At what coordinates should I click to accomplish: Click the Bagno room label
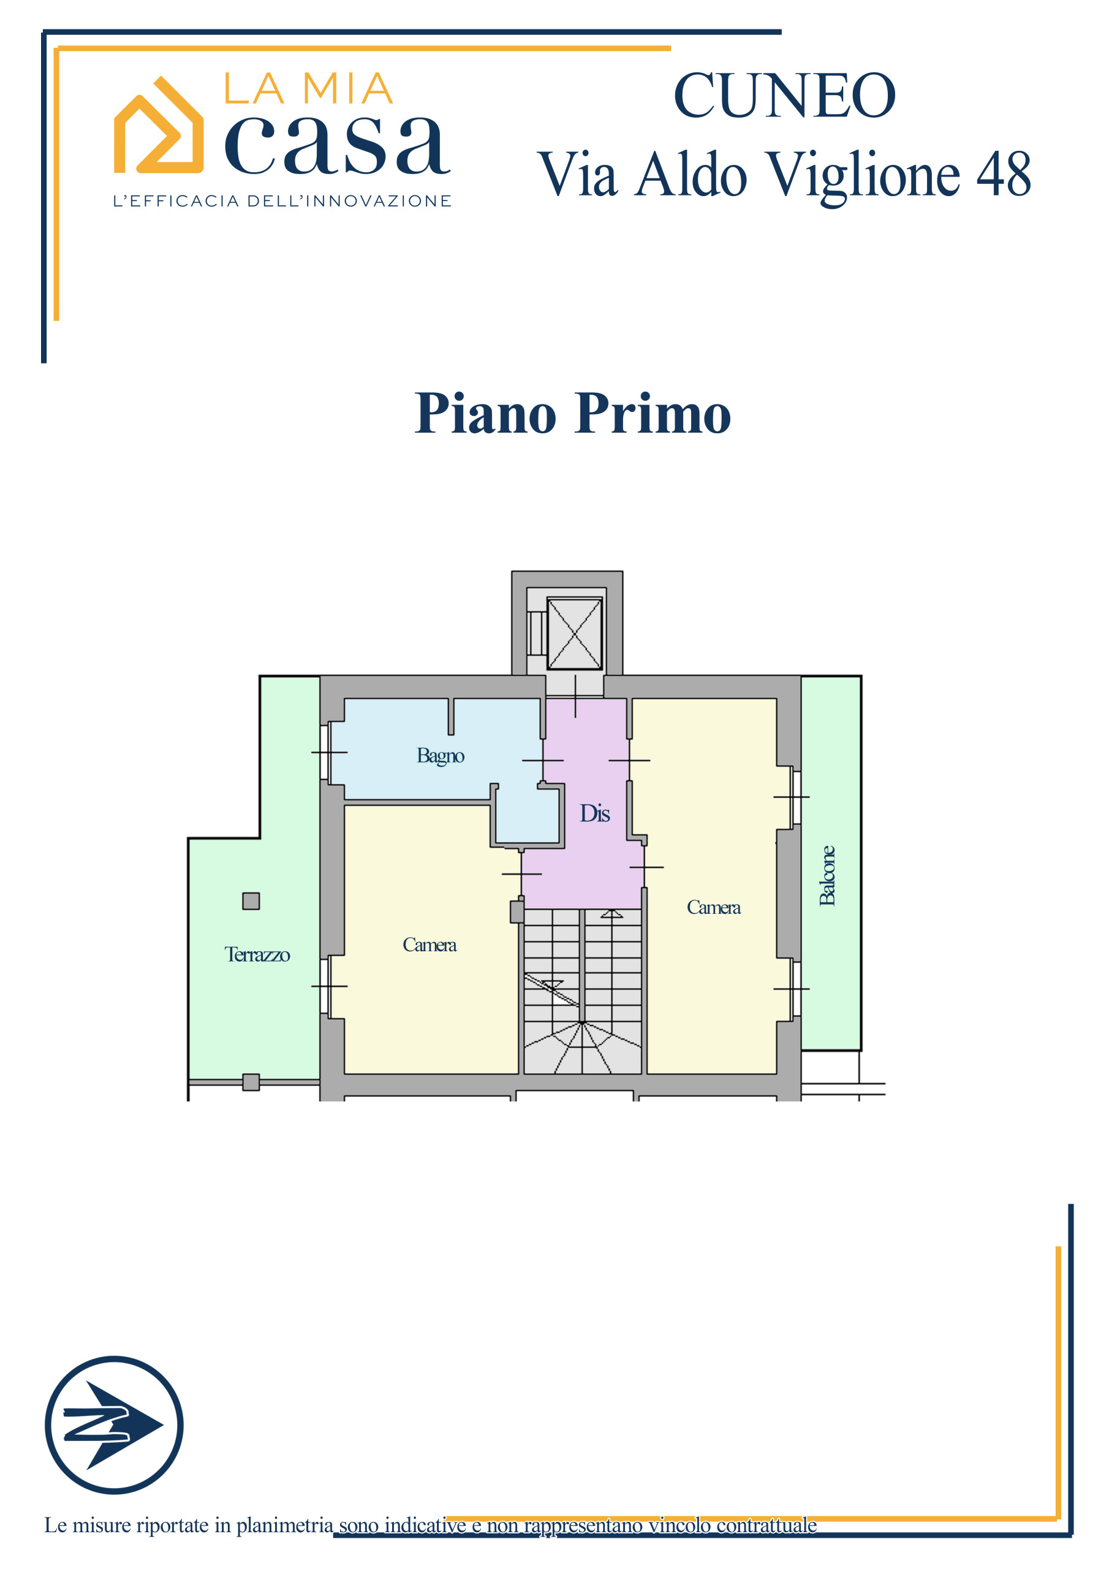coord(440,756)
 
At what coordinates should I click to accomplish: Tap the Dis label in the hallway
coord(594,813)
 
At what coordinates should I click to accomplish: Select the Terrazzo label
coord(257,955)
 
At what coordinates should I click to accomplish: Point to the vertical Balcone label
coord(827,875)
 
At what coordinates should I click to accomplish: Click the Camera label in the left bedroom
coord(429,945)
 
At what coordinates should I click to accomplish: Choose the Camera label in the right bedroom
coord(713,908)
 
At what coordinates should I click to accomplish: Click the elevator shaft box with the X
coord(574,634)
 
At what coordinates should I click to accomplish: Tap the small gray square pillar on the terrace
coord(251,902)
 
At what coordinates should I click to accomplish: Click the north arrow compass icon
coord(114,1425)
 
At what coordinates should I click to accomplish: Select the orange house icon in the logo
coord(159,125)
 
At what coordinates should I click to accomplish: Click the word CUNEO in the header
coord(784,96)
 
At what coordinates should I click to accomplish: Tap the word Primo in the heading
coord(653,414)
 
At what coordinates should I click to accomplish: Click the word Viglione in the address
coord(862,177)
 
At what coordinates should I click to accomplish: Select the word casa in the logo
coord(337,145)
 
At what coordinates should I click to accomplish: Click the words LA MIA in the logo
coord(309,89)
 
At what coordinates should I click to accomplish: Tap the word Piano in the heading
coord(486,414)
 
